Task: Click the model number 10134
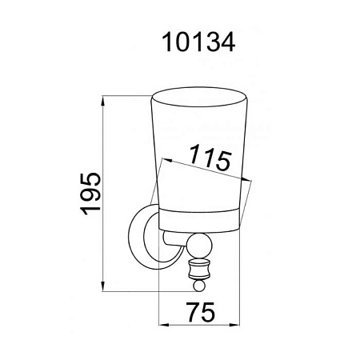[198, 42]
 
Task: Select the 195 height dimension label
[90, 194]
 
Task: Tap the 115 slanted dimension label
[210, 158]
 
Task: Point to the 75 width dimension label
[201, 312]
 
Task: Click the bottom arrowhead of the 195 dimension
[102, 287]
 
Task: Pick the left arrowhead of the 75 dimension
[164, 325]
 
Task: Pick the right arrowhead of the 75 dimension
[234, 325]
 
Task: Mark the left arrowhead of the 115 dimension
[167, 160]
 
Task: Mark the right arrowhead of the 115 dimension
[246, 180]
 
